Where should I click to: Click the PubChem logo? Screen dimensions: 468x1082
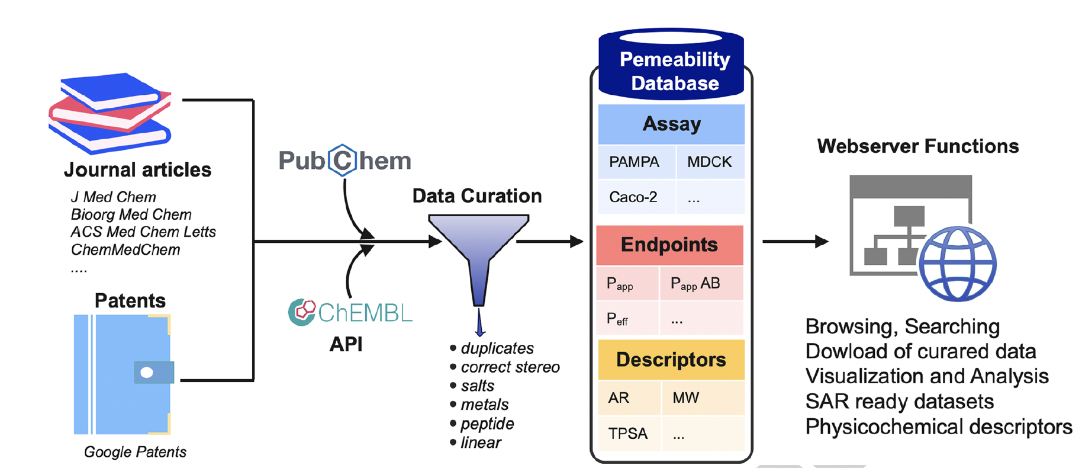click(x=345, y=161)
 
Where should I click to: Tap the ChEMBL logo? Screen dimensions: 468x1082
click(x=350, y=312)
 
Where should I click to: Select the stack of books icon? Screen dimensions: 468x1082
click(x=110, y=113)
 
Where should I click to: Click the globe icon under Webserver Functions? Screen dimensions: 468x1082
click(x=957, y=264)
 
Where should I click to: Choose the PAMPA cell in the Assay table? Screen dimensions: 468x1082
click(x=634, y=162)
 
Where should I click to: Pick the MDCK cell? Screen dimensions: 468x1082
click(x=709, y=162)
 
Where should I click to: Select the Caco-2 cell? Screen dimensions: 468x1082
click(x=633, y=197)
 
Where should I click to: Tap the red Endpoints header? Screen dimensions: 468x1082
click(x=669, y=245)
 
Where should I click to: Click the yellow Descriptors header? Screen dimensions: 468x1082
click(x=671, y=360)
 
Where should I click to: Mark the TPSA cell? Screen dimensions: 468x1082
click(x=628, y=434)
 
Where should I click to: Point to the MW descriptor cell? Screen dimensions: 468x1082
click(x=686, y=398)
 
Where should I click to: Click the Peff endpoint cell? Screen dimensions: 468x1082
click(x=617, y=319)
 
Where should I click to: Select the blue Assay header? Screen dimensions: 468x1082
click(x=671, y=124)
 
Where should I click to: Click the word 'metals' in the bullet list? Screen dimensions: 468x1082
click(x=485, y=405)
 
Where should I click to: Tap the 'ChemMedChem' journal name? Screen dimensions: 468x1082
click(x=125, y=250)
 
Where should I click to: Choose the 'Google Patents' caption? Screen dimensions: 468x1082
click(x=135, y=452)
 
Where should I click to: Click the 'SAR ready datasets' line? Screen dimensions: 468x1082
click(x=899, y=402)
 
